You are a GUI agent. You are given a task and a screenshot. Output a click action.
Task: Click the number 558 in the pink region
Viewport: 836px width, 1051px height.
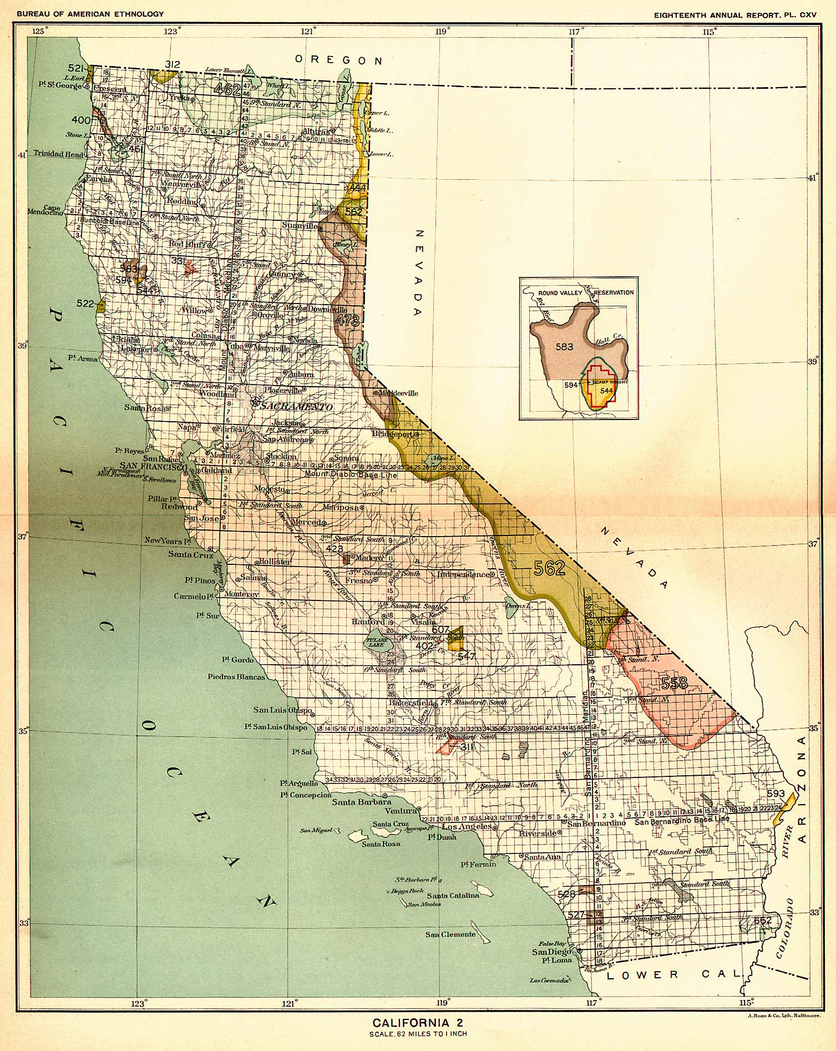[x=674, y=683]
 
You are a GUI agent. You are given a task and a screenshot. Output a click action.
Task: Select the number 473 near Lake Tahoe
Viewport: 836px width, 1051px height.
[x=348, y=320]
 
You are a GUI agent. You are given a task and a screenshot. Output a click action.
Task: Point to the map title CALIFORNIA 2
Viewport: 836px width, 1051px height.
[x=418, y=1023]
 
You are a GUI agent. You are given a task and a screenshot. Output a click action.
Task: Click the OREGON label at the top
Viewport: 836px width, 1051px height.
[x=339, y=60]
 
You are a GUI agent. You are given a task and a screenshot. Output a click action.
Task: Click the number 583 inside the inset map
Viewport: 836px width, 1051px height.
[x=564, y=347]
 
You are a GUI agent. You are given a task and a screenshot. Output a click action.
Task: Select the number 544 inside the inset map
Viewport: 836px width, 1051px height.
[x=606, y=391]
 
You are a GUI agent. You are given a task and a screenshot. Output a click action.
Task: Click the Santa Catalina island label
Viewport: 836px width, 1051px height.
[x=452, y=896]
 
